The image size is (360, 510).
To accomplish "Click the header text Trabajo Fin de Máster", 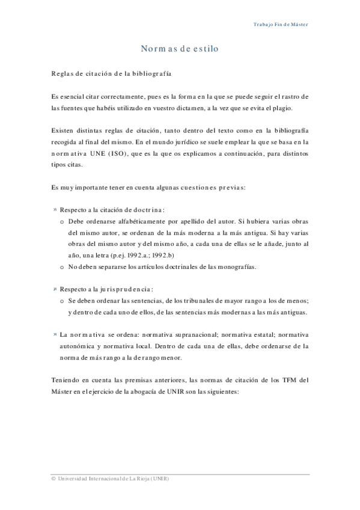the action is pyautogui.click(x=281, y=25).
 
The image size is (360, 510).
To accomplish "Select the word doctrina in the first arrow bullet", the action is pyautogui.click(x=142, y=209).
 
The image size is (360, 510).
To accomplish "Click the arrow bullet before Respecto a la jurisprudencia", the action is pyautogui.click(x=54, y=289).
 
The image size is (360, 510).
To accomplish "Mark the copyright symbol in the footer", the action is pyautogui.click(x=53, y=478).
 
